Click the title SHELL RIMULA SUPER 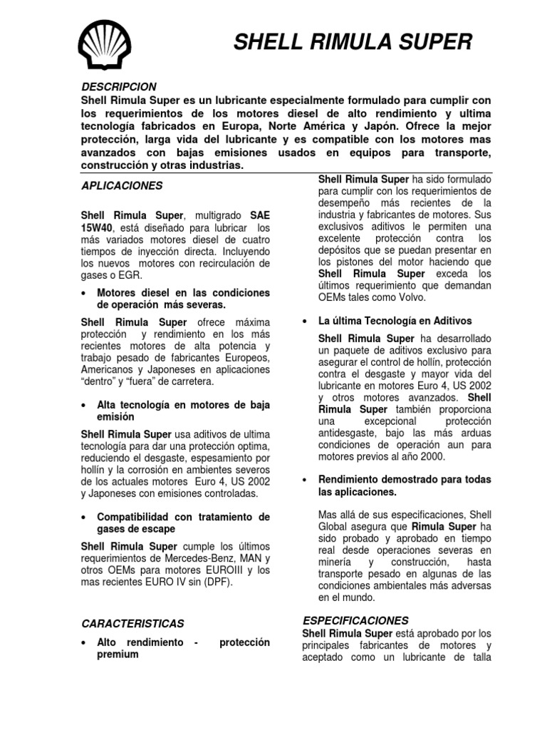(353, 43)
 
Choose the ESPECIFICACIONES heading (355, 620)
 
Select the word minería (337, 561)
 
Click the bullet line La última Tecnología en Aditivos (395, 322)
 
